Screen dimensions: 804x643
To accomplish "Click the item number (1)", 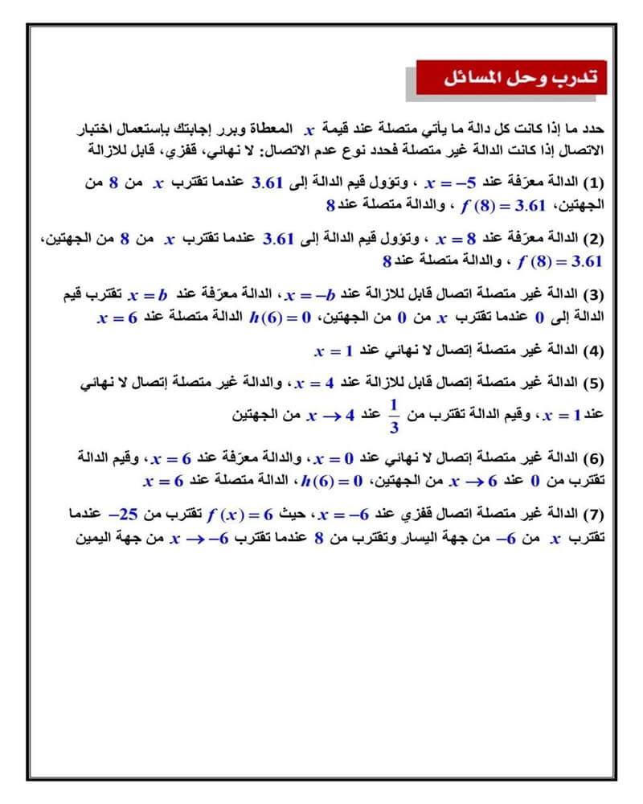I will [602, 184].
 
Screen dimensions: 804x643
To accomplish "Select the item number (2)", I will [602, 240].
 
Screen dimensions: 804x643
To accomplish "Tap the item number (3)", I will [602, 295].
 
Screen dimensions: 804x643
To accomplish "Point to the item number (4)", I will [602, 351].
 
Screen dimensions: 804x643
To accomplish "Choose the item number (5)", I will [602, 384].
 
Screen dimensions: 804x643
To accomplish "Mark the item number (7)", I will [602, 513].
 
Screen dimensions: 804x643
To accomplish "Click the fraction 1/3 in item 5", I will [394, 416].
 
